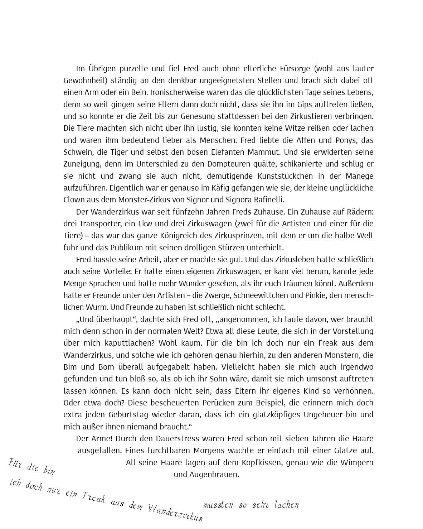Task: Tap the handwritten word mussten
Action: (218, 505)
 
